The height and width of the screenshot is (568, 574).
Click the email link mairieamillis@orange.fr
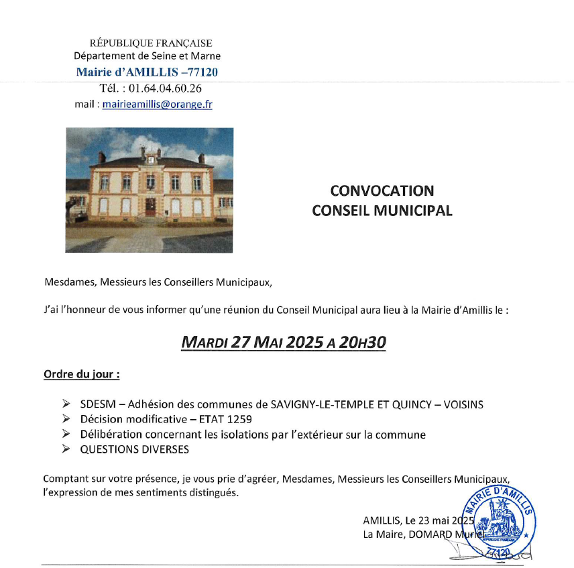point(157,105)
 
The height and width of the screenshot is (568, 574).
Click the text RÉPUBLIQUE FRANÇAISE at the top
point(151,44)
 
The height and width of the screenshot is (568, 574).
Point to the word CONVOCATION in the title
point(382,191)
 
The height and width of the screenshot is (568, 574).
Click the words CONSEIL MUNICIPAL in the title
point(382,211)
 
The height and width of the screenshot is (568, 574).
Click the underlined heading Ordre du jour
point(81,374)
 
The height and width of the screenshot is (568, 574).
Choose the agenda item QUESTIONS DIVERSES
point(134,449)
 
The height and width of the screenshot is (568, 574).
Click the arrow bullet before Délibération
point(66,435)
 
